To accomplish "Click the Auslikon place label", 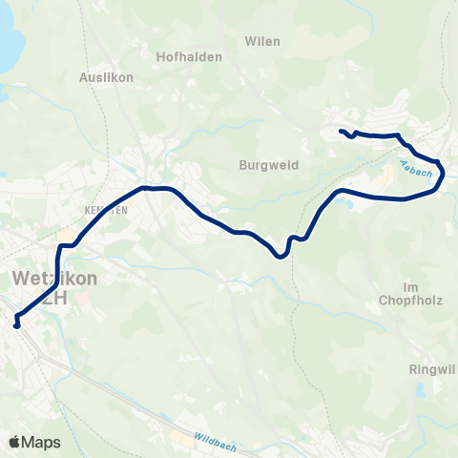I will coord(108,76).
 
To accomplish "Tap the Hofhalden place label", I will coord(196,56).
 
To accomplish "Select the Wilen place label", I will coord(262,41).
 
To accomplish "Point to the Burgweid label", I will coord(268,164).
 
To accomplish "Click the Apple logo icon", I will coord(14,442).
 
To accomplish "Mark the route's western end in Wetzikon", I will coord(16,325).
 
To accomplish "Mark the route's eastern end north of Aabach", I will coord(341,131).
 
